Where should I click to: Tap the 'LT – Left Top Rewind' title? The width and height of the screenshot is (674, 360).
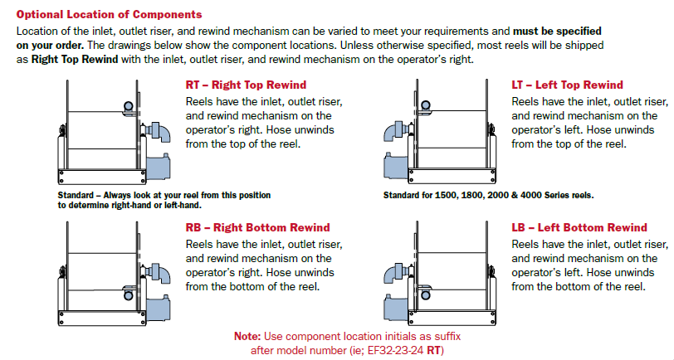(567, 85)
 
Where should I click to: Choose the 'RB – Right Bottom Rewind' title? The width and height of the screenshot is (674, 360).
(257, 227)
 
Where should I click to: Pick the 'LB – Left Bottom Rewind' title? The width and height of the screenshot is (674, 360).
(579, 227)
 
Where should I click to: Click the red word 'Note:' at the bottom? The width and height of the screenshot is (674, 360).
(247, 336)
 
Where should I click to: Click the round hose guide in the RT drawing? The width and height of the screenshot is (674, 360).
(127, 106)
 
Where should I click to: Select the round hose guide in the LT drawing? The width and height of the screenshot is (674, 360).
(424, 106)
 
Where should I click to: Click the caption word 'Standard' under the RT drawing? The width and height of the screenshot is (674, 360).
(76, 195)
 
